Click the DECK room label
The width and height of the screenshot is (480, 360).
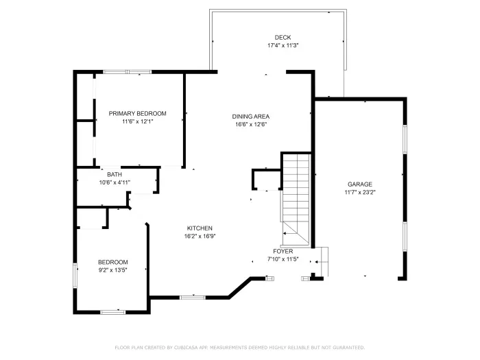(283, 37)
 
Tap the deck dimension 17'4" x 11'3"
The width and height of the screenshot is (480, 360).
(283, 45)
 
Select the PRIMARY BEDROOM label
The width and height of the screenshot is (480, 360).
(137, 113)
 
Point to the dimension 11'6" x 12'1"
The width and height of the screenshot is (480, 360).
(137, 121)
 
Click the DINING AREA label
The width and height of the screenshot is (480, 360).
(250, 117)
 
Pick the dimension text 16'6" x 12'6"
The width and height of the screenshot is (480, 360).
(250, 124)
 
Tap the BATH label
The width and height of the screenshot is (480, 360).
(114, 174)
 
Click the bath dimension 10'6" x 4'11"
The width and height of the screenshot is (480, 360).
(115, 182)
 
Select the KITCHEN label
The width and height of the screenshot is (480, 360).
(200, 228)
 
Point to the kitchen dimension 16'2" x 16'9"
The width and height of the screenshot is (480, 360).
(200, 237)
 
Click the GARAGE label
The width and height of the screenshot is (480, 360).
(360, 184)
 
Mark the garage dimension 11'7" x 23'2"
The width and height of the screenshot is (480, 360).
(360, 193)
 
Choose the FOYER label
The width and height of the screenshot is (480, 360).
(283, 252)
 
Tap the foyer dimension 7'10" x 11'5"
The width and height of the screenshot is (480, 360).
(283, 260)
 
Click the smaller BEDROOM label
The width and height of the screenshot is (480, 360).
(112, 262)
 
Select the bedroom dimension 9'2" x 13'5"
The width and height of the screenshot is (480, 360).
(112, 270)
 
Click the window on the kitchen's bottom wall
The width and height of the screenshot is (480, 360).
(193, 297)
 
